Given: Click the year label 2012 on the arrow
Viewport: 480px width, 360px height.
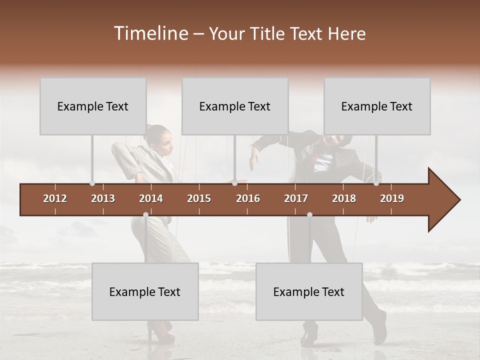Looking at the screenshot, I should pos(55,198).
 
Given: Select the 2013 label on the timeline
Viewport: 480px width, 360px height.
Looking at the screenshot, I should pos(103,198).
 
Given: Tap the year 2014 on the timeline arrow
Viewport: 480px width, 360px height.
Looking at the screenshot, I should pos(151,198).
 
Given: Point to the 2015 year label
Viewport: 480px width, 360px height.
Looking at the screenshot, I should pos(199,198).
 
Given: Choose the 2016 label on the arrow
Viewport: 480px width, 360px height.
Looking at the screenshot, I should pos(248,198).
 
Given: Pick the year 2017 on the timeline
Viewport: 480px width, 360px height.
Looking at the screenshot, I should pos(296,198).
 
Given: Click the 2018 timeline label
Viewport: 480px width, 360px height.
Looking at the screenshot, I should pos(344,198).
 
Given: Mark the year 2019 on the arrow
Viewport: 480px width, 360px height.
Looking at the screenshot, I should pos(392,198).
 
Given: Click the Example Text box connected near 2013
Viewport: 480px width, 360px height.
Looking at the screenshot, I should pos(93,106).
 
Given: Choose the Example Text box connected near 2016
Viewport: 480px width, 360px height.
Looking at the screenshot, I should pos(235,106).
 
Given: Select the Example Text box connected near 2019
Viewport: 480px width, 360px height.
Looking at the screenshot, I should pos(377,106).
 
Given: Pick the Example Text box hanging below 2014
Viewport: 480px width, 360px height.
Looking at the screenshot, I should pos(145,292).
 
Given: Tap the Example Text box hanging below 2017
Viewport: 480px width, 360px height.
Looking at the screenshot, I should pos(309,292).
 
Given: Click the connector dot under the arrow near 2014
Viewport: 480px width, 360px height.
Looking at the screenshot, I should pos(145,215).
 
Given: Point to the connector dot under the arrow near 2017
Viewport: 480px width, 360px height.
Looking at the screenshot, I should pos(309,215).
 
